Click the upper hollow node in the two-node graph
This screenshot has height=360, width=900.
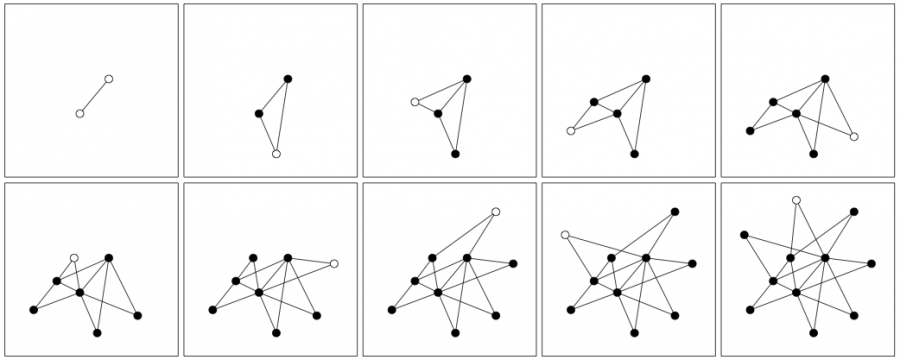pos(109,78)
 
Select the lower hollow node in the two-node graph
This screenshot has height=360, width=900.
pos(80,114)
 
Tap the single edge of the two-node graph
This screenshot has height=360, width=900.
pos(94,96)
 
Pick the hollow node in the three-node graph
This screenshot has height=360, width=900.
pos(276,154)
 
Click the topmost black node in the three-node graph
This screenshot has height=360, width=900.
pos(288,78)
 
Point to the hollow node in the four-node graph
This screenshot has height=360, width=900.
pos(415,102)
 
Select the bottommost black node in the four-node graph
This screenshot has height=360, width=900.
pos(455,154)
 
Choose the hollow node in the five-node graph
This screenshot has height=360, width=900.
pos(571,131)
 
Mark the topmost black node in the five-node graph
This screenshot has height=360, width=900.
pos(646,78)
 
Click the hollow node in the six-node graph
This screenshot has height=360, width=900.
pos(854,137)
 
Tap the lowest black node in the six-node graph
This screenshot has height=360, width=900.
pos(813,154)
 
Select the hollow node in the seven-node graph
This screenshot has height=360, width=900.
pos(74,258)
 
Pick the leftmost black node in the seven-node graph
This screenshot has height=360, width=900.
pos(34,310)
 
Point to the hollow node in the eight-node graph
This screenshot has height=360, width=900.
pos(334,264)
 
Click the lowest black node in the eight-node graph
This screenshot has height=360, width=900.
pos(276,332)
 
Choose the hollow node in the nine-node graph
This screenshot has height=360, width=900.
pos(496,212)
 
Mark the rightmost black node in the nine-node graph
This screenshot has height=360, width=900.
pos(513,264)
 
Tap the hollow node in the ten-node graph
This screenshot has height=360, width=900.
pos(565,235)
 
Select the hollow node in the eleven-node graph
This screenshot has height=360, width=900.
pos(796,200)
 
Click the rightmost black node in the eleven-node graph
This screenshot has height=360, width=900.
pos(871,264)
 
